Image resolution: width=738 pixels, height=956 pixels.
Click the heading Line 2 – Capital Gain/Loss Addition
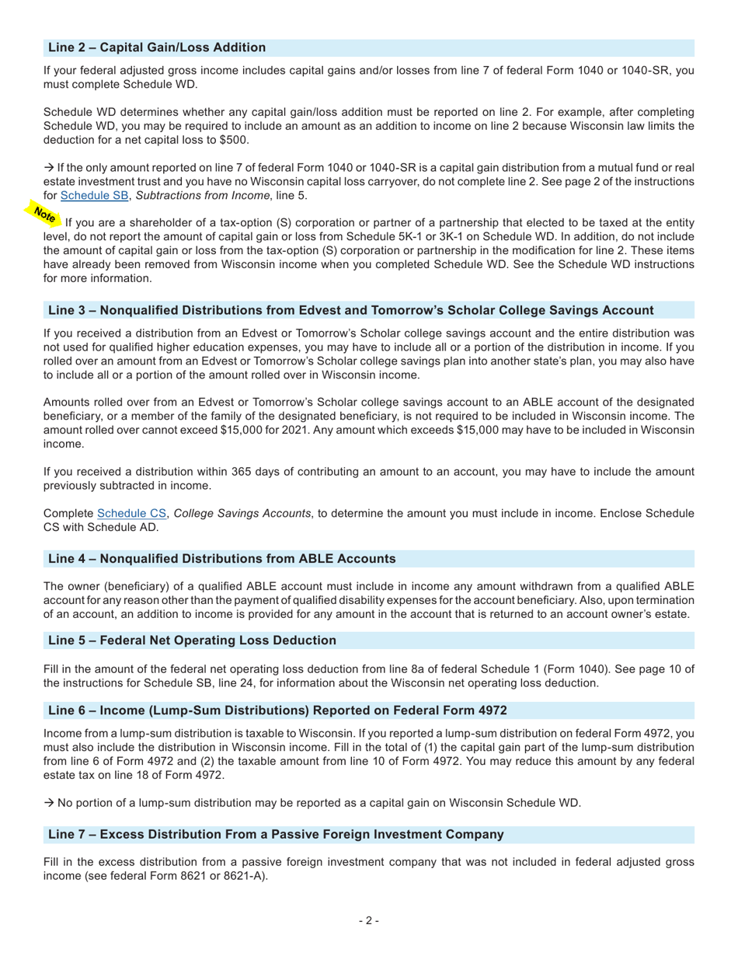point(157,47)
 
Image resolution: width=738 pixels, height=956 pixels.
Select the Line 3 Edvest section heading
point(350,310)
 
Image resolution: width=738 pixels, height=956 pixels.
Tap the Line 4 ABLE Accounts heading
point(222,558)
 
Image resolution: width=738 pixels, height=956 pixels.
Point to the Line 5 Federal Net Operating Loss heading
point(193,640)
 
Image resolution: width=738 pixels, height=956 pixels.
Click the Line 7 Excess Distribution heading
point(276,834)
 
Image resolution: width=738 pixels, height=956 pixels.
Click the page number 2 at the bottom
point(369,921)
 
